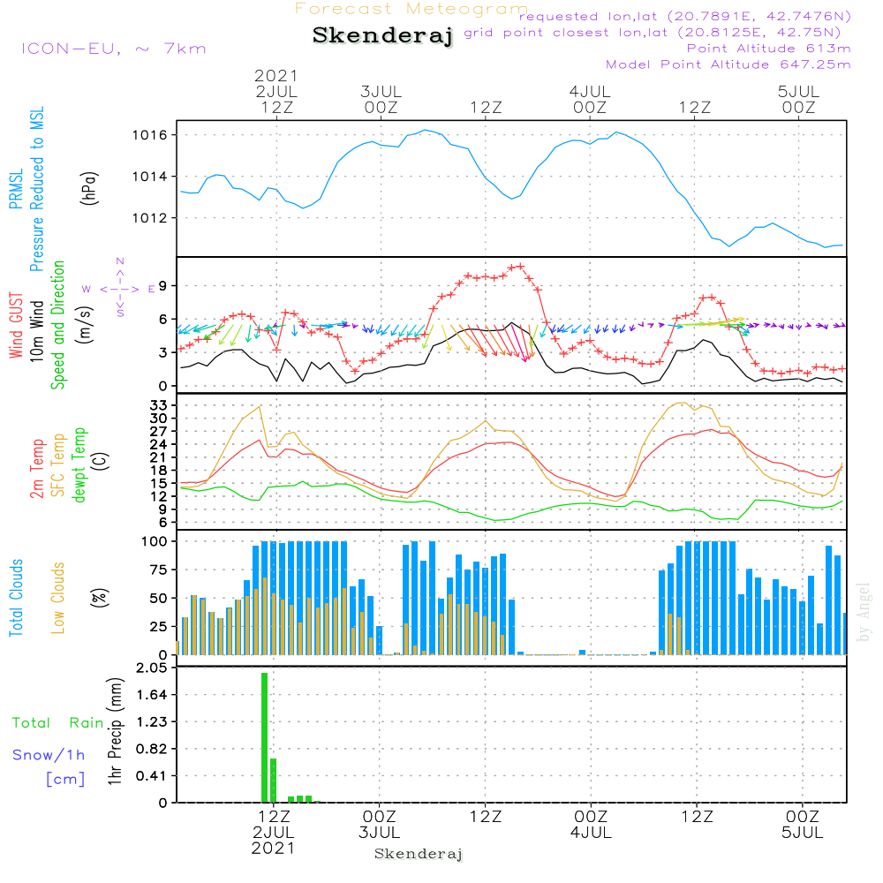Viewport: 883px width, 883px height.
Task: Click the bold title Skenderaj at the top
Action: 382,36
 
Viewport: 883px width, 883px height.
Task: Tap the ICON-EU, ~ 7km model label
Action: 114,49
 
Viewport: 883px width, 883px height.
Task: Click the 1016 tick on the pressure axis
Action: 150,135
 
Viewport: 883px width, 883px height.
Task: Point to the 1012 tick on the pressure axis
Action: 150,218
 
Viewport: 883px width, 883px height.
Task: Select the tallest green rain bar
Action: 264,737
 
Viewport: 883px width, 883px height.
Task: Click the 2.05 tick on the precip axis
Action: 152,668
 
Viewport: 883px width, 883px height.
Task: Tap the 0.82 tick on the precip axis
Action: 152,749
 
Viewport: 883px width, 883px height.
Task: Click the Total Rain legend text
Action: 58,723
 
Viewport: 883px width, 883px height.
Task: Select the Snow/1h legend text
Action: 49,755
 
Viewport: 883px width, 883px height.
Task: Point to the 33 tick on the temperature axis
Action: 158,405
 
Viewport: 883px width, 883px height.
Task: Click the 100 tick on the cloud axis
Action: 155,542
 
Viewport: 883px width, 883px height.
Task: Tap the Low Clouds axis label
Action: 58,598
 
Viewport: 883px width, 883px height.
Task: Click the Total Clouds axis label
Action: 16,598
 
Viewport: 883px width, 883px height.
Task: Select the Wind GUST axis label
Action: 16,325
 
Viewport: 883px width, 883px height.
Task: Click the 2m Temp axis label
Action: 37,469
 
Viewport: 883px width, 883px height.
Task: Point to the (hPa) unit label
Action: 89,188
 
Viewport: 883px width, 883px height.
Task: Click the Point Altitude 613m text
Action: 769,49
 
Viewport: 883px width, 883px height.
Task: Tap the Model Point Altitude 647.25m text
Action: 728,64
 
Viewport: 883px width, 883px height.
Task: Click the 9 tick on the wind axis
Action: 162,286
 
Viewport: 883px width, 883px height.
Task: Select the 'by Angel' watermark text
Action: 864,612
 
